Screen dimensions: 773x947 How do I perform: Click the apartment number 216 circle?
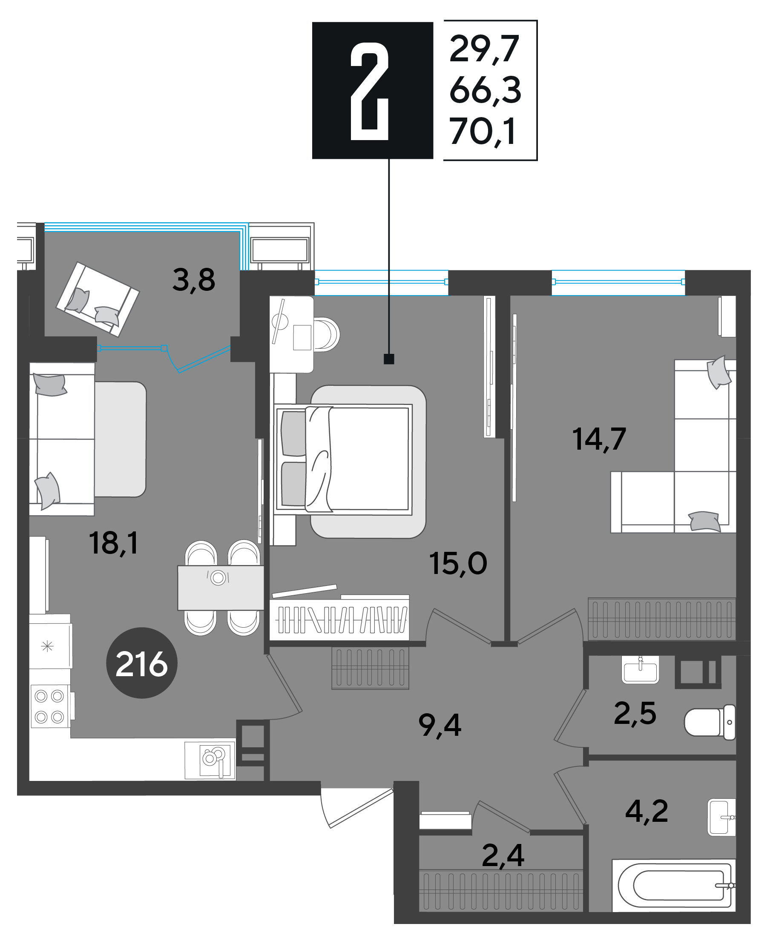(141, 663)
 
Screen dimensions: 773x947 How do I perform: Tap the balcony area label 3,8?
(194, 280)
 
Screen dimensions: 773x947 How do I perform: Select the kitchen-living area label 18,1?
(114, 543)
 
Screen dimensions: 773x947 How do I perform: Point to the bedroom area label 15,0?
(458, 564)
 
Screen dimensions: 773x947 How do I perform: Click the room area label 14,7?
(599, 439)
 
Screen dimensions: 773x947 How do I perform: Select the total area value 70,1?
(483, 131)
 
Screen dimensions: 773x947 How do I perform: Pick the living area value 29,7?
(485, 49)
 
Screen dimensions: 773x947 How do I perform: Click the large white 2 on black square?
(370, 91)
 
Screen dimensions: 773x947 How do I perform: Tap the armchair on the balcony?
(98, 299)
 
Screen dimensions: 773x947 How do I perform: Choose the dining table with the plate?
(221, 588)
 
